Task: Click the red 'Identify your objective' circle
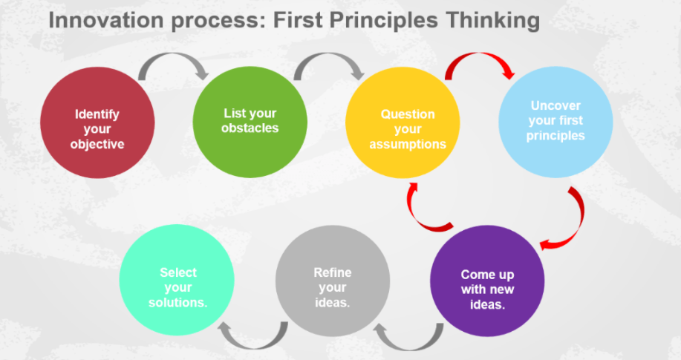point(97,122)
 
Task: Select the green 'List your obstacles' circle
point(250,122)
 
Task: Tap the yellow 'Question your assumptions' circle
point(403,122)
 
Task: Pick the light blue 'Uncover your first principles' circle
point(555,122)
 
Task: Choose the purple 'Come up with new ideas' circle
point(487,281)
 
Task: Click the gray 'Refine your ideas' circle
point(333,281)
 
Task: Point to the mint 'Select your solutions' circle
point(177,280)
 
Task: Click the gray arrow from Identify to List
point(173,55)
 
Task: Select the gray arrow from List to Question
point(329,55)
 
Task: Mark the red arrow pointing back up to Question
point(411,212)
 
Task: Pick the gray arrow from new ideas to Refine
point(408,347)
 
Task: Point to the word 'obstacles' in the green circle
point(250,128)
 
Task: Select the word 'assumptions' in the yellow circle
point(408,144)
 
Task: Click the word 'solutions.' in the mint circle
point(177,302)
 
